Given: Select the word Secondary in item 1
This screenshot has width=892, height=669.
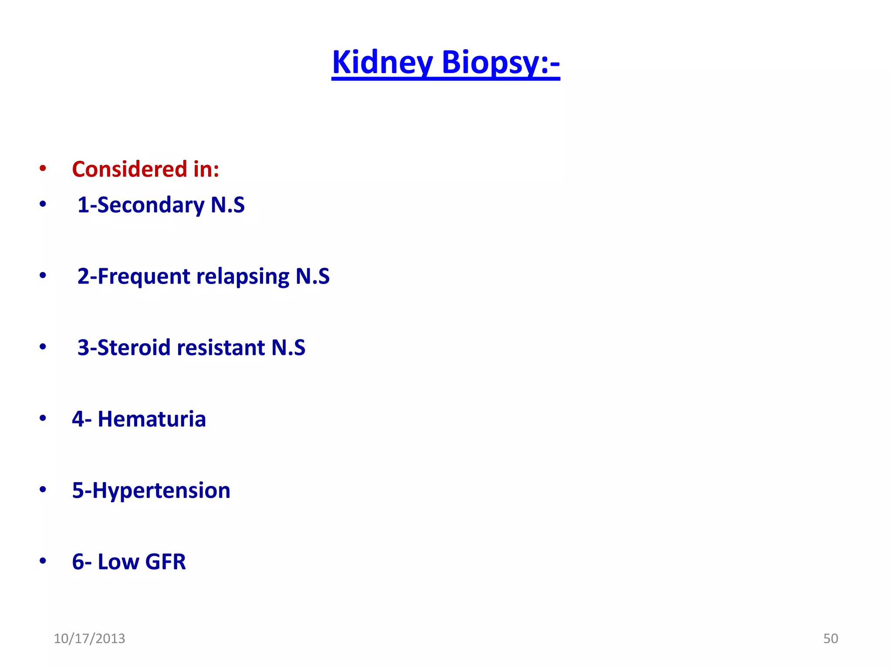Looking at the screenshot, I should tap(151, 205).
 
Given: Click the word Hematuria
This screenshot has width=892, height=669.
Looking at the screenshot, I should tap(152, 419).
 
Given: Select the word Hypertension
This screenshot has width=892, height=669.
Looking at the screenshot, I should tap(161, 490).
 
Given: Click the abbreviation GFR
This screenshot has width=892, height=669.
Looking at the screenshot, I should tap(166, 562).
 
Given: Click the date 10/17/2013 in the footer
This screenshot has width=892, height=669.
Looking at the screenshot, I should tap(89, 639).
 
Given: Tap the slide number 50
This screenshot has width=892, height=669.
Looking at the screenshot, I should tap(831, 639).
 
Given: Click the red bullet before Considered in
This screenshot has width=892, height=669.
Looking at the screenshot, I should tap(43, 169).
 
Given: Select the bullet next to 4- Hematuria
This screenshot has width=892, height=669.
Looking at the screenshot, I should tap(43, 419).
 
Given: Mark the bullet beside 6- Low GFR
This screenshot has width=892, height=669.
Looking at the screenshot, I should tap(43, 561).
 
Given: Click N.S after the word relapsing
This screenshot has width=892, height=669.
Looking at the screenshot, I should tap(312, 276).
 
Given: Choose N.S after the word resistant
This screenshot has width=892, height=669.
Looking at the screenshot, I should tap(288, 348).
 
